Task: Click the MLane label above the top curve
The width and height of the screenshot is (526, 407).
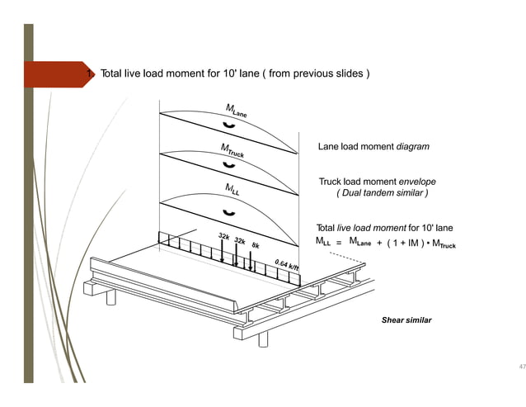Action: coord(236,109)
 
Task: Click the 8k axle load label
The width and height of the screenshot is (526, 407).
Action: coord(256,245)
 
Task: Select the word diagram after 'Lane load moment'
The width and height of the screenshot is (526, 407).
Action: coord(413,146)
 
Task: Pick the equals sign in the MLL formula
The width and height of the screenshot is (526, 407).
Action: coord(338,244)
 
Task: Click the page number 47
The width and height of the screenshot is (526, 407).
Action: coord(520,366)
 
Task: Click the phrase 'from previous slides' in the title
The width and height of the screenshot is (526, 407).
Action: coord(321,74)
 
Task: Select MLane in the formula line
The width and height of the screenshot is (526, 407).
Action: coord(363,243)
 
